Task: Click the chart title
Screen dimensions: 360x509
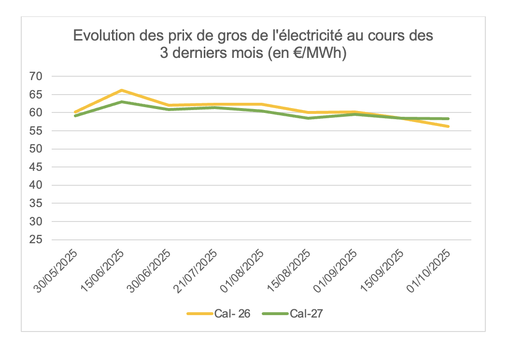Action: pos(253,44)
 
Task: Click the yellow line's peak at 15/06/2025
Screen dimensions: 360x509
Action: pos(122,90)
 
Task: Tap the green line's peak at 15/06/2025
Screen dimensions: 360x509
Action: pos(122,102)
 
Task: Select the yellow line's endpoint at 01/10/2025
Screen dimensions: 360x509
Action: pos(449,126)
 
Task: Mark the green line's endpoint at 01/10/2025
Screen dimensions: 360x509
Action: pos(449,119)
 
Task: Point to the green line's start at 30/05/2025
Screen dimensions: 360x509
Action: pos(75,116)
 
